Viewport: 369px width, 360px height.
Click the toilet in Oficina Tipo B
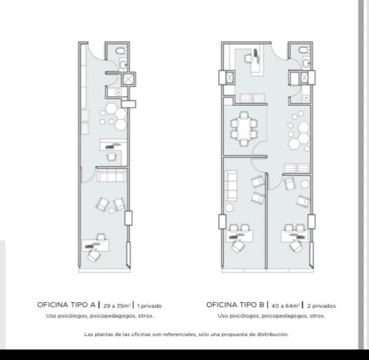(x=304, y=50)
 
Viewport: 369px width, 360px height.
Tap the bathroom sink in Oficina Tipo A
(x=123, y=64)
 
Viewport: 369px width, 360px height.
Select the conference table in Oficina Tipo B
(x=244, y=129)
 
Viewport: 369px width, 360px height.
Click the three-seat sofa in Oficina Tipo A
(x=112, y=176)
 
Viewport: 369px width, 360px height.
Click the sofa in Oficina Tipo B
(x=232, y=186)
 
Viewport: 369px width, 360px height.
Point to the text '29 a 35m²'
(x=116, y=306)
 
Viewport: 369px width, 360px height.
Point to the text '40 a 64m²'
(x=285, y=306)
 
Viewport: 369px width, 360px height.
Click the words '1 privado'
(x=150, y=306)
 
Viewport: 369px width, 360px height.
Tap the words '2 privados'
(x=322, y=306)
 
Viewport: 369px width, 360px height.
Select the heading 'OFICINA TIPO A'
(x=67, y=305)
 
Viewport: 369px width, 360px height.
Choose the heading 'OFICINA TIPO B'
(x=235, y=305)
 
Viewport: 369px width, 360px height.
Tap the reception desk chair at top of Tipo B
(x=248, y=58)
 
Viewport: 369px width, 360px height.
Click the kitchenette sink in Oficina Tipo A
(x=118, y=92)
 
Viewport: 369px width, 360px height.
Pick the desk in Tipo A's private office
(x=95, y=245)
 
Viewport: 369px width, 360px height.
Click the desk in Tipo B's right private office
(x=294, y=236)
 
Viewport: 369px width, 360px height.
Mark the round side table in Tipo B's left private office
(x=229, y=208)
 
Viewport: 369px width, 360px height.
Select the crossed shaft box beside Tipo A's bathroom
(x=128, y=79)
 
